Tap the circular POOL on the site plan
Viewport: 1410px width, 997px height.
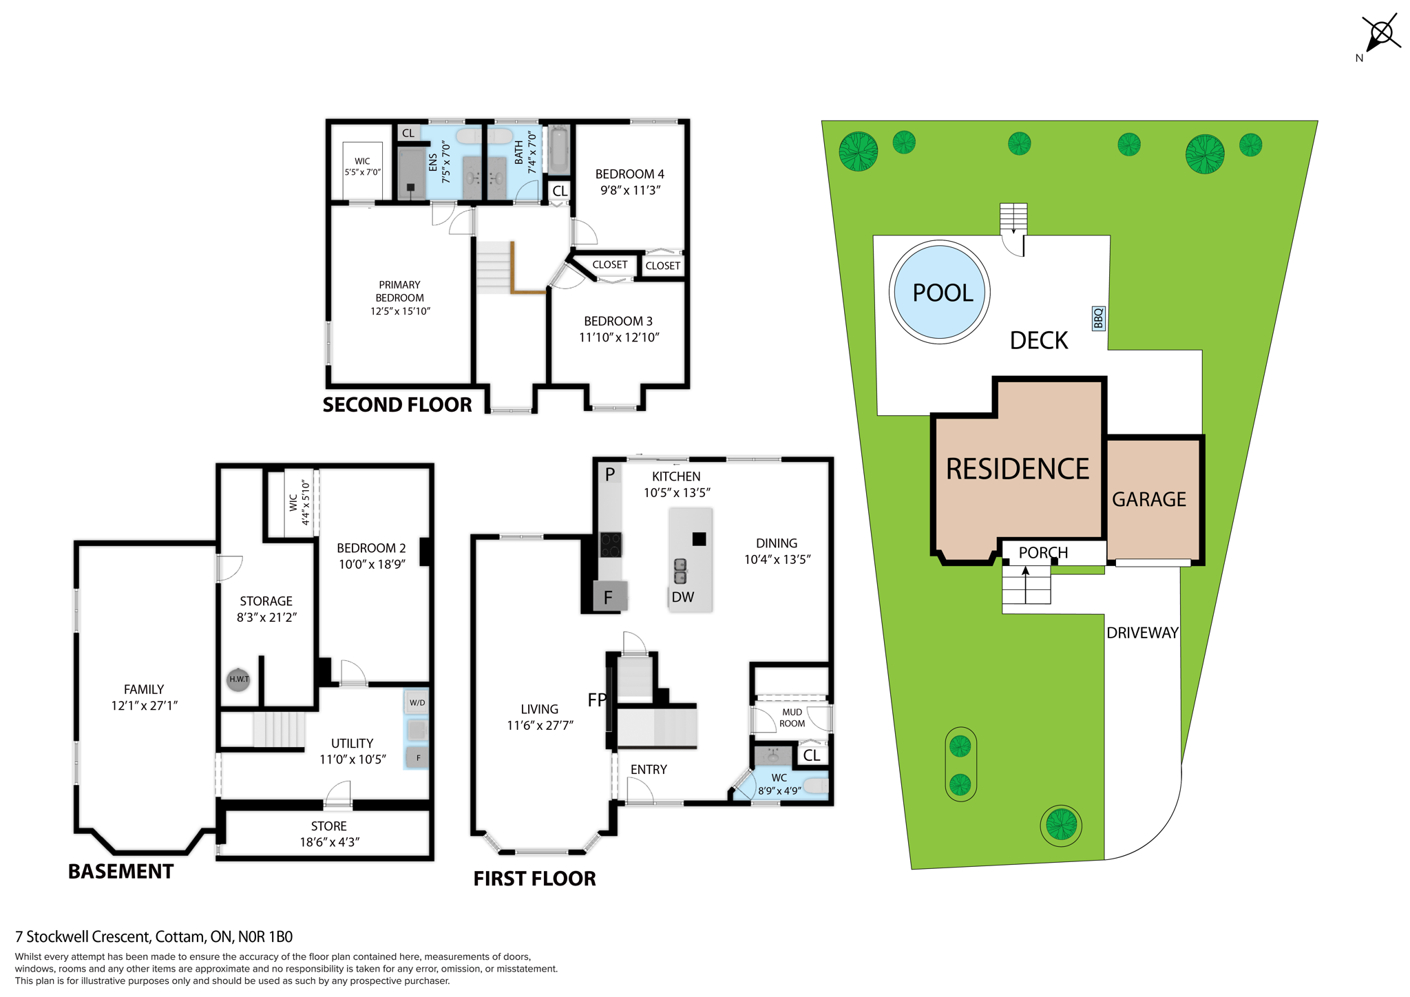940,292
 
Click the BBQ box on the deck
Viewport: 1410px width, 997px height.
1099,318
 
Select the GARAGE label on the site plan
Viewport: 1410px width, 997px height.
1149,499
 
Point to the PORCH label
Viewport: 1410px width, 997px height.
1043,552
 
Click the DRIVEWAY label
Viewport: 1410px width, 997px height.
1142,633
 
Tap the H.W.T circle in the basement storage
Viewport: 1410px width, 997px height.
238,679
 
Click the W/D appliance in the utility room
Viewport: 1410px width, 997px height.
417,703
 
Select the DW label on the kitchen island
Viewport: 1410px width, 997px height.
682,597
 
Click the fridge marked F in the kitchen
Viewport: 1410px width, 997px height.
609,597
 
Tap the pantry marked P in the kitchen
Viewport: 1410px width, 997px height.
610,474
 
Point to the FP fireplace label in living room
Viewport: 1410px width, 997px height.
597,700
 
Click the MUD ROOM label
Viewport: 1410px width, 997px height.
792,717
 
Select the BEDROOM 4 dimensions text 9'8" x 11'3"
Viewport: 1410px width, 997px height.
630,190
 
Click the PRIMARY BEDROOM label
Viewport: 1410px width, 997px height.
399,291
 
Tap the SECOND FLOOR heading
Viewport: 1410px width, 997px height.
397,405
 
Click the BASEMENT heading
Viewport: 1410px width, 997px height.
120,872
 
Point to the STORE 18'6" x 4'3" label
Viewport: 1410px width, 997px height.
329,834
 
